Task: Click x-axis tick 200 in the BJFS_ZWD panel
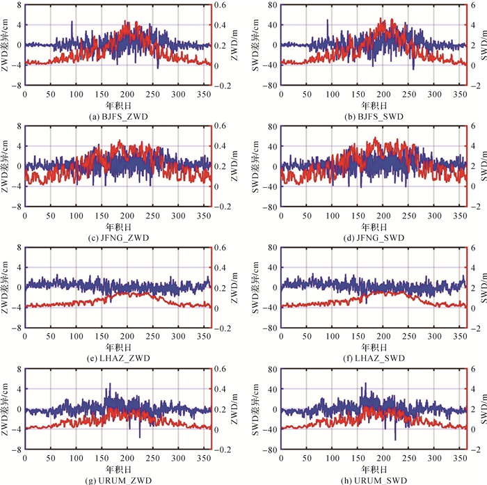point(127,93)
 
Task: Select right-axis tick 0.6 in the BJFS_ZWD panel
point(222,5)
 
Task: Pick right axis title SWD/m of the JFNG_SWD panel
point(482,166)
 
